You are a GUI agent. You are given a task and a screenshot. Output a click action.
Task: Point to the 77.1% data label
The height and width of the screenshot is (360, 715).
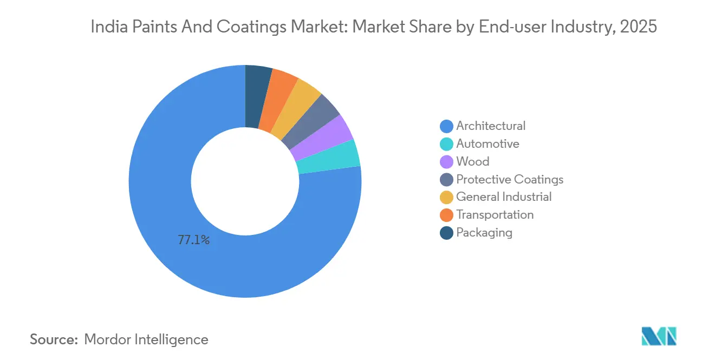tap(193, 240)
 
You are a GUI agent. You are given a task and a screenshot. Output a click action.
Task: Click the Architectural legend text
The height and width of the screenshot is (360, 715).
tap(490, 126)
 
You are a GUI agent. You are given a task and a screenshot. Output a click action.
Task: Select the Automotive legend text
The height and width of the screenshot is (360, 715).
tap(487, 143)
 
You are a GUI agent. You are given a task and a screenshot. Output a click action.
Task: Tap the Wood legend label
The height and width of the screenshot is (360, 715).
tap(472, 161)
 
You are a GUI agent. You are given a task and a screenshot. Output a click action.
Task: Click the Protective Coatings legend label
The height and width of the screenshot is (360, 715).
tap(509, 179)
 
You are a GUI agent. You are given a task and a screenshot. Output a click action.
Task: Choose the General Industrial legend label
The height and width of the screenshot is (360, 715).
tap(504, 197)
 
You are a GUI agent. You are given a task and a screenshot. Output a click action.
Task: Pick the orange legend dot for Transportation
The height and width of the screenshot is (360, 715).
tap(446, 215)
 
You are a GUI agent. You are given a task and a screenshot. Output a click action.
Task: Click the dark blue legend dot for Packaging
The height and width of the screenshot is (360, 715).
tap(446, 233)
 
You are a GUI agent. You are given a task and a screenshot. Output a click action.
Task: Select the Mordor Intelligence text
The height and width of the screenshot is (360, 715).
tap(146, 339)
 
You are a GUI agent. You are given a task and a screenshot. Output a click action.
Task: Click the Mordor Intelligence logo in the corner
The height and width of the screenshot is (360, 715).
tap(659, 336)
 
